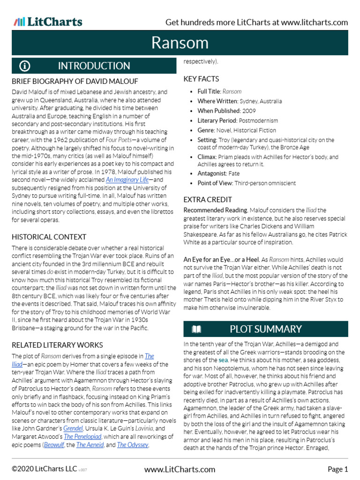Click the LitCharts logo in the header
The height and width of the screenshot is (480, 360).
[x=48, y=22]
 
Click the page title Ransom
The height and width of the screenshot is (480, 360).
[x=180, y=43]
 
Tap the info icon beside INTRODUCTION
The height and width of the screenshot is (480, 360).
[x=24, y=66]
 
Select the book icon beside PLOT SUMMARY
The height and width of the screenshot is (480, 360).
[x=196, y=329]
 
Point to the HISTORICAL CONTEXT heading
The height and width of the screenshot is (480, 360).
[x=49, y=237]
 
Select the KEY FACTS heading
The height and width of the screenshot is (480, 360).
[x=201, y=79]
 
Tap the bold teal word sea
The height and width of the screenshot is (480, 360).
[x=225, y=360]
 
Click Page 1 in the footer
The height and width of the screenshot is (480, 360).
[x=337, y=469]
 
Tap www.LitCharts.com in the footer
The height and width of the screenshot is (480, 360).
[x=180, y=469]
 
